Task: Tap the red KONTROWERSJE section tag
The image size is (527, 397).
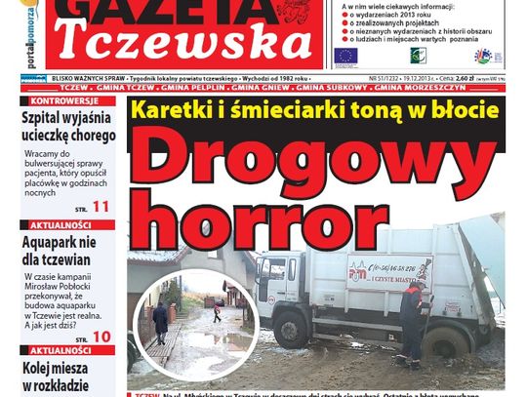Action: (61, 100)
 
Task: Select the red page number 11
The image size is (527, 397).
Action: (101, 206)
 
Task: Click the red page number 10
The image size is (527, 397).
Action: (101, 336)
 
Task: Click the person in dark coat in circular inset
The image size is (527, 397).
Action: (160, 319)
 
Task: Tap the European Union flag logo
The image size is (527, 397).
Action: (345, 57)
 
